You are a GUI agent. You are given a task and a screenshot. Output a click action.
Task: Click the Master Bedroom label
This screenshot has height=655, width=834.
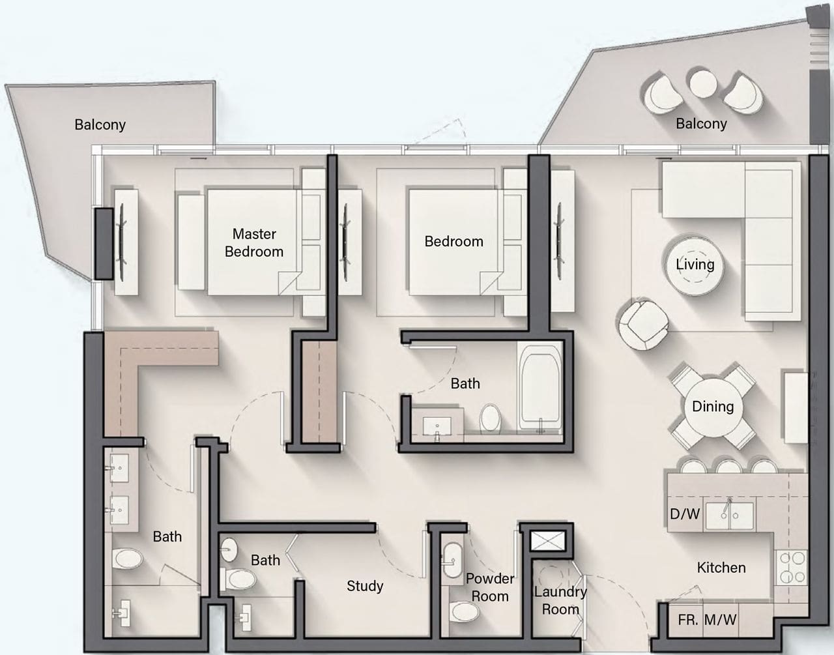coord(254,242)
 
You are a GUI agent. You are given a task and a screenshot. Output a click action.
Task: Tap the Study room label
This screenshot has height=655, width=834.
coord(365,586)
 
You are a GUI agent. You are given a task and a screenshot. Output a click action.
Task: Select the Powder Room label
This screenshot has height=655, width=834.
coord(490,587)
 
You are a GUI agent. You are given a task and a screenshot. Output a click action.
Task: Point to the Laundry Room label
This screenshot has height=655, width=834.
coord(560,600)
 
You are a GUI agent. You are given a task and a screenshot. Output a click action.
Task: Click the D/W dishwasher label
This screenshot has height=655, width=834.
coord(685,514)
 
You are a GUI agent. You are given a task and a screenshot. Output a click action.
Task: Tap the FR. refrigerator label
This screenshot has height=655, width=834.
coord(688,620)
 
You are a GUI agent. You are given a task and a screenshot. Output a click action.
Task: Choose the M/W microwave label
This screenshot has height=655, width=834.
coord(721,620)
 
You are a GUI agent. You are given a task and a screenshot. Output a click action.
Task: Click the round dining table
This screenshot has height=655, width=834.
coord(713,407)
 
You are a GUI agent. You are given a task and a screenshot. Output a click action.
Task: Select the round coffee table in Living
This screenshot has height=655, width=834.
coord(695,265)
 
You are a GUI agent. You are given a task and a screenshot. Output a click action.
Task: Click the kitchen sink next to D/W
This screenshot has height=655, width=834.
coord(730,516)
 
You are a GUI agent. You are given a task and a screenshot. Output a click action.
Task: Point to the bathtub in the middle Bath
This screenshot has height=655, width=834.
coord(540,388)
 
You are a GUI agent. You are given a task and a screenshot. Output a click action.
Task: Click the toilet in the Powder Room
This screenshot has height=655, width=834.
coord(465,611)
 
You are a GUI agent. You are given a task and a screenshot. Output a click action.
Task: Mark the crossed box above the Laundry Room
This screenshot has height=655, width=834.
coord(548,541)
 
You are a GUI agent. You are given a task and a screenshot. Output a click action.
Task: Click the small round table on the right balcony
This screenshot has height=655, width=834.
coord(703,83)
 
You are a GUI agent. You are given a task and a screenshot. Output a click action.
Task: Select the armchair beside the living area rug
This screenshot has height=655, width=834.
coord(643,325)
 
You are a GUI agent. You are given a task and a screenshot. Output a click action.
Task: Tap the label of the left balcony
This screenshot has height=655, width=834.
coord(100,124)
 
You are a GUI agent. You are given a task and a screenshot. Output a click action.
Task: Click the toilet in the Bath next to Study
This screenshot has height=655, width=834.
coord(238,579)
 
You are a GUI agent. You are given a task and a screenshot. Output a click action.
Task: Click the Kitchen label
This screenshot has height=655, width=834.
coord(721,568)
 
